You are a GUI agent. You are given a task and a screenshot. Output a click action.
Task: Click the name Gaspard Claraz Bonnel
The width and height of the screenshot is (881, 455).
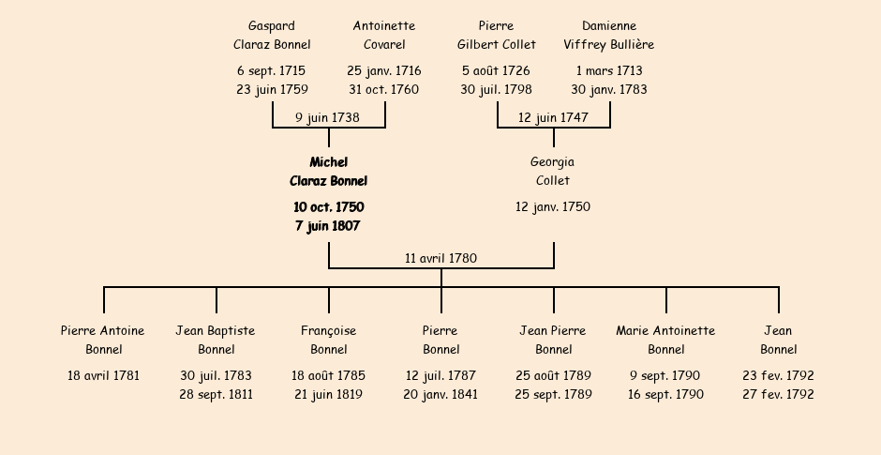click(272, 35)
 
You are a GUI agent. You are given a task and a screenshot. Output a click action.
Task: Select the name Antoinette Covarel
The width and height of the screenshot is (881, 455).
click(384, 35)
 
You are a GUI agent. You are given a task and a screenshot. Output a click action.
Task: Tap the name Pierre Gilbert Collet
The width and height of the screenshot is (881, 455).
click(497, 35)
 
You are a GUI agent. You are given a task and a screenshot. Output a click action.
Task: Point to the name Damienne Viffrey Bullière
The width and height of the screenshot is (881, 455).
click(609, 35)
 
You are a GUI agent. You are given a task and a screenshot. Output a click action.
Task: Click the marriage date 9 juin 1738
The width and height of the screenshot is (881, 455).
click(327, 118)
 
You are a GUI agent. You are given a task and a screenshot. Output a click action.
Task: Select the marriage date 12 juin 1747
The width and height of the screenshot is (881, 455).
click(553, 118)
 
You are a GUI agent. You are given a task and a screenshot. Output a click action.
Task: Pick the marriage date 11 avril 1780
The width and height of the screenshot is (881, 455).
click(440, 258)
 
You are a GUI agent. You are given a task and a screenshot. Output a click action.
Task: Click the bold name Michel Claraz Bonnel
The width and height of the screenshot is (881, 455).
click(328, 172)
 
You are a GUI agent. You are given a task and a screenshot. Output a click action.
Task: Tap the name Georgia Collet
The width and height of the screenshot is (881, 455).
click(553, 172)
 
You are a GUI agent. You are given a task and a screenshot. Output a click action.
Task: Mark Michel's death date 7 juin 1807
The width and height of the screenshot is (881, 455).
click(328, 226)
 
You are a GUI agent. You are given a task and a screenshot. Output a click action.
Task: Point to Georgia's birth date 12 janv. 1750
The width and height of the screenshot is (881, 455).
click(553, 206)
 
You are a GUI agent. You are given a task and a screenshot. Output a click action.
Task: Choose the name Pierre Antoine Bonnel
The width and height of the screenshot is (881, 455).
click(103, 340)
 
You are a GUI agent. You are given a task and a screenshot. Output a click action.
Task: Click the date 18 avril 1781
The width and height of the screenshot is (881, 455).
click(103, 376)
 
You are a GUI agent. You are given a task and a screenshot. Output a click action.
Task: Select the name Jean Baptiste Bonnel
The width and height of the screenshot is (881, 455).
click(216, 340)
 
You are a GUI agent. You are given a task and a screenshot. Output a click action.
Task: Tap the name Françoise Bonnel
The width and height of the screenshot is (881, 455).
click(328, 340)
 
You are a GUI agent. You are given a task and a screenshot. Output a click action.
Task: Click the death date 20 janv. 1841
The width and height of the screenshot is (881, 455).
click(440, 395)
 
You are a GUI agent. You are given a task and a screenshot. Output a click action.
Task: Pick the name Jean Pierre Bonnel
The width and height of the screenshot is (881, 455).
click(553, 340)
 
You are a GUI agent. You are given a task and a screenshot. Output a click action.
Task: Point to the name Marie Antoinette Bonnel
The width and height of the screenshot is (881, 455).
click(665, 340)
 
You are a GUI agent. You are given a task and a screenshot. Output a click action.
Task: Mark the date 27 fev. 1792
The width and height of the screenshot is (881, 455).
click(778, 395)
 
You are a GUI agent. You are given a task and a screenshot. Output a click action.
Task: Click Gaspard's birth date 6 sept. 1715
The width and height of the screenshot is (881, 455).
click(272, 71)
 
